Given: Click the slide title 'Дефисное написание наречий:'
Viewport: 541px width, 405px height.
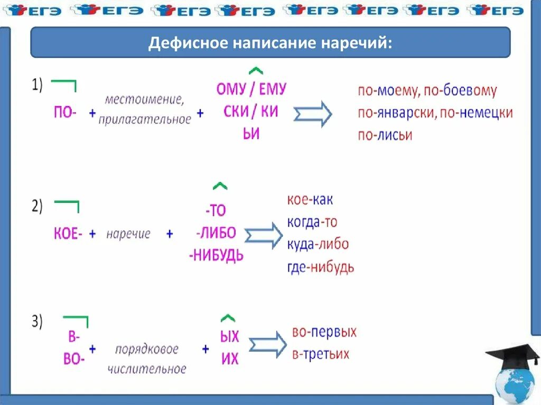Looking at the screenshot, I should click(270, 43).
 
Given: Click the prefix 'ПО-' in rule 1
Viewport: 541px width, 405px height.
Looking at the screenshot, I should click(65, 112).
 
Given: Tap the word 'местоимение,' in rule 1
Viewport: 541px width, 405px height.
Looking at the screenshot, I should click(144, 99).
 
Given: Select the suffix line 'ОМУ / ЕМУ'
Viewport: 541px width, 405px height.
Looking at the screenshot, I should click(251, 89).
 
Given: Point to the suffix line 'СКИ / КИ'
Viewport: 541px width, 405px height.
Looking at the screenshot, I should click(251, 112).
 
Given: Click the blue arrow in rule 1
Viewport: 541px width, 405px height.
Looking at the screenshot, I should click(313, 114).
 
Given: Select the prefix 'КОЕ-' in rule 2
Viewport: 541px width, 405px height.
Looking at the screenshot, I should click(68, 233).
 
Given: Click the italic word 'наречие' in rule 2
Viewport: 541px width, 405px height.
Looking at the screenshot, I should click(128, 234).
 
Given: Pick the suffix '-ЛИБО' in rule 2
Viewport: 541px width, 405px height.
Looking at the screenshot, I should click(216, 233).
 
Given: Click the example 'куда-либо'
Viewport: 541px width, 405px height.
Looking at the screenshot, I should click(318, 244).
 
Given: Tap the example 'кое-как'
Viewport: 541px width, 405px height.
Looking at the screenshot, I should click(310, 200).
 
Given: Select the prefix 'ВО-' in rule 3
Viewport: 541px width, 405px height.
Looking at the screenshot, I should click(74, 360).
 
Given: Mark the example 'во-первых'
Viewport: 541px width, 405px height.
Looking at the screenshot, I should click(324, 333).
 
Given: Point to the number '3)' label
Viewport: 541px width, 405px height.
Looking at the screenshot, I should click(36, 322).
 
